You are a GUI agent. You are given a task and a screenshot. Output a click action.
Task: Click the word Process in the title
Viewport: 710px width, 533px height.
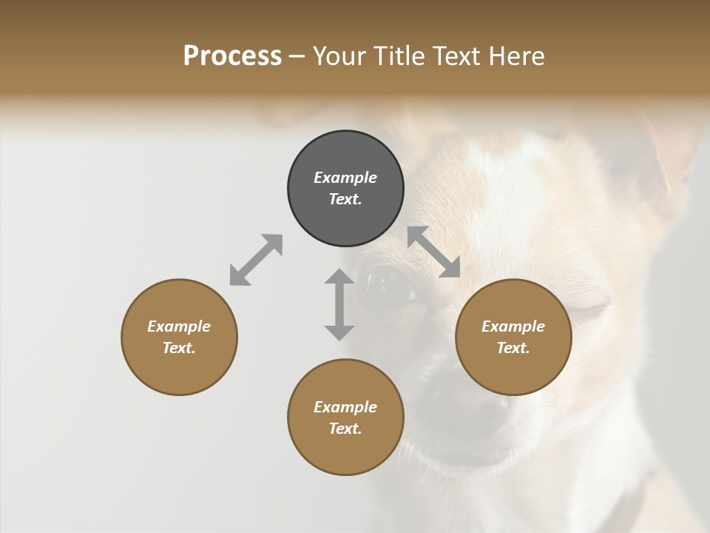(232, 56)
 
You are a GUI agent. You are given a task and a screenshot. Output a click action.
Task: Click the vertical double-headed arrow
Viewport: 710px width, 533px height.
(339, 304)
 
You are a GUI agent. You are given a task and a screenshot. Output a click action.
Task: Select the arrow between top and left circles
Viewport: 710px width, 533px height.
(256, 260)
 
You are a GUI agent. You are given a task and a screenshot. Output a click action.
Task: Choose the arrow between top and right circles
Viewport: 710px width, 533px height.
(433, 252)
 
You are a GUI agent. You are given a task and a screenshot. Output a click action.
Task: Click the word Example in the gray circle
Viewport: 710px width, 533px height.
(345, 178)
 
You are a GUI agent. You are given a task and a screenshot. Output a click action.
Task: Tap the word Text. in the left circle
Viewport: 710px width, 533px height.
(179, 348)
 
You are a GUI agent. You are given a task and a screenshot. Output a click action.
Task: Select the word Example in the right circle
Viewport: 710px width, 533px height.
(513, 326)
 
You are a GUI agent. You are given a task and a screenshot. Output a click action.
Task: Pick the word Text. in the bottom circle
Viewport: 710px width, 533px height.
(345, 429)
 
